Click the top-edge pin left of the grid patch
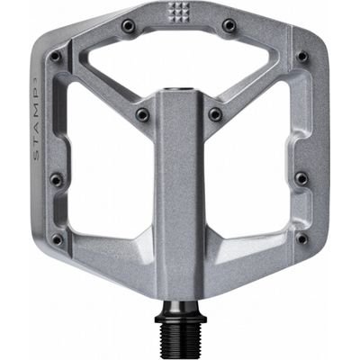pos(128,25)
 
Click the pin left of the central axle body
pos(142,114)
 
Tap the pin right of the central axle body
pos(215,114)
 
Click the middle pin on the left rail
pos(58,180)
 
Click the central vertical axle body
pos(180,198)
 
